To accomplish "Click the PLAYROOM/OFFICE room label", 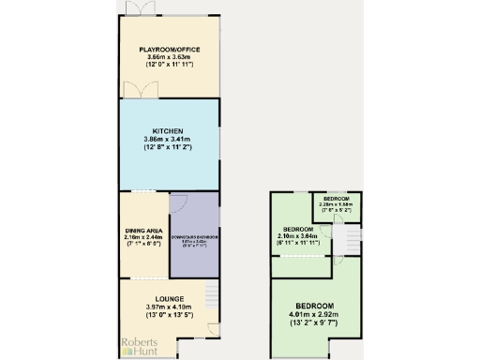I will (170, 49).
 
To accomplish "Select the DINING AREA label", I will (143, 229).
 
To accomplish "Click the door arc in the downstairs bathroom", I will (180, 204).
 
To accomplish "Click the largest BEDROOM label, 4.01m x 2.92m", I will (313, 307).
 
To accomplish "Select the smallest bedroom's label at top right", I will (337, 199).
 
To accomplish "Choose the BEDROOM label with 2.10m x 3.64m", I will (297, 229).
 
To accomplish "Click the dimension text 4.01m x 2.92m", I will (313, 316).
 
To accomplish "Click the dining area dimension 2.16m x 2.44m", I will (143, 236).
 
